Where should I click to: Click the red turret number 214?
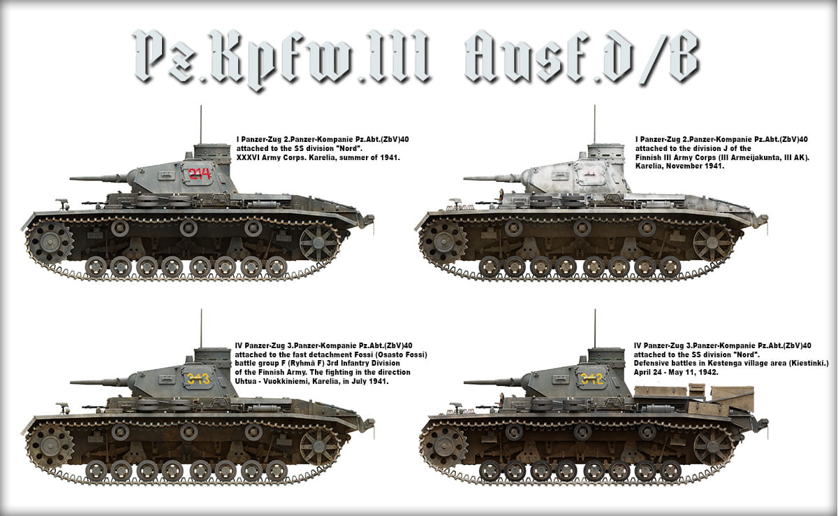200,173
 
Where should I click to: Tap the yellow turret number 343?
198,379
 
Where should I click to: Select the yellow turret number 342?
592,379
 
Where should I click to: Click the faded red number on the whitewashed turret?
592,173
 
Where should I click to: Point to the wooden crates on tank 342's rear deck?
694,399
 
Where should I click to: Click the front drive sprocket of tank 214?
50,243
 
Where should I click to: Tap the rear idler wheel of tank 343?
319,446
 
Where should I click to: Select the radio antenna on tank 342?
595,329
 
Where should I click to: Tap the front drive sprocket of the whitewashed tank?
443,243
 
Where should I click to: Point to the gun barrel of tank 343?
99,382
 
